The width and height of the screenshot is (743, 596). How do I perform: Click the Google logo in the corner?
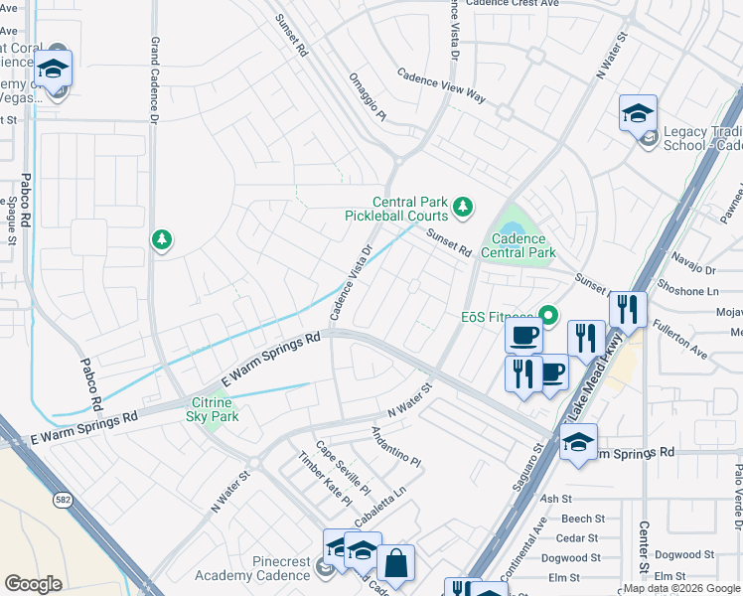(x=33, y=584)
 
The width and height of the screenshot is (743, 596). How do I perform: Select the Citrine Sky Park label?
(x=212, y=409)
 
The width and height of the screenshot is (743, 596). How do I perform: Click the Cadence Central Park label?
(x=518, y=245)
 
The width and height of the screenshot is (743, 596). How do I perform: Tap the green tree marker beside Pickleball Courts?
(x=461, y=207)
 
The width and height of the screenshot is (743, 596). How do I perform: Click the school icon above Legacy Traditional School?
(x=638, y=113)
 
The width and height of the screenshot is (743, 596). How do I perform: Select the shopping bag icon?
(x=395, y=563)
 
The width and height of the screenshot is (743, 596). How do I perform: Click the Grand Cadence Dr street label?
(x=154, y=80)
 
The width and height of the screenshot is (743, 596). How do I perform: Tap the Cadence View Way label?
(x=441, y=86)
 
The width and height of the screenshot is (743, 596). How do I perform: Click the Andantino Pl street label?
(x=396, y=447)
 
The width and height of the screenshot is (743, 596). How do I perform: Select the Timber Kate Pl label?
(x=326, y=478)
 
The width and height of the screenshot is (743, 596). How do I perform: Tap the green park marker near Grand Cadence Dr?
(x=161, y=239)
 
